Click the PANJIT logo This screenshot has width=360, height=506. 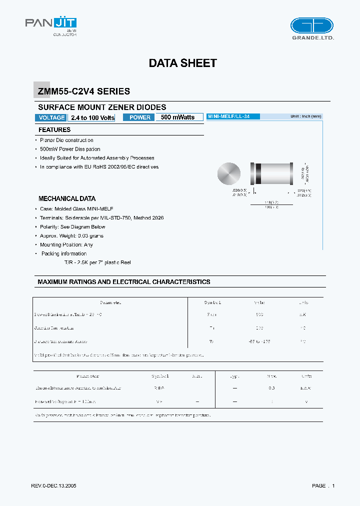coord(51,23)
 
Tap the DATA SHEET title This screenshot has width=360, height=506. coord(182,63)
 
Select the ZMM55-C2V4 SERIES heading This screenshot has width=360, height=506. coord(83,91)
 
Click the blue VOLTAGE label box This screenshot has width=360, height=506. coord(50,117)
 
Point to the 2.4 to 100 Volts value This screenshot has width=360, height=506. coord(92,117)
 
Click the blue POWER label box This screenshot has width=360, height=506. coord(140,117)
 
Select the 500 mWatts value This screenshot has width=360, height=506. coord(178,117)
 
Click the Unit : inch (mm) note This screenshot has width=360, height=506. coord(306,116)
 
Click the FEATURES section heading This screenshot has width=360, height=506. coord(54,130)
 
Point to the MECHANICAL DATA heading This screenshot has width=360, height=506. coord(67,198)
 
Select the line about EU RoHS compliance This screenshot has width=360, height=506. coord(99,167)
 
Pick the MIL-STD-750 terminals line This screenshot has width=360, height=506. coord(101,218)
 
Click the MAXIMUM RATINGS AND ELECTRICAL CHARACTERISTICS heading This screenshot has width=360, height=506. coord(124,282)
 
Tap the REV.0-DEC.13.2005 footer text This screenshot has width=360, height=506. coord(53,486)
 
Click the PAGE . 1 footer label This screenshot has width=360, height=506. coord(323,486)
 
